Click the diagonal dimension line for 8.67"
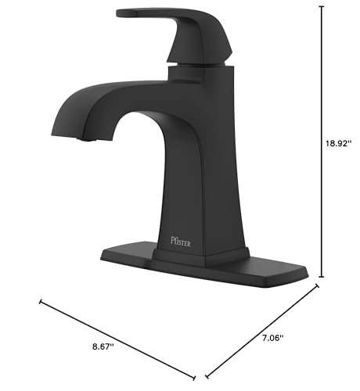click(x=117, y=337)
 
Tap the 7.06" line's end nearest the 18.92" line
click(x=319, y=285)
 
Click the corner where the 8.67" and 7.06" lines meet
click(x=206, y=374)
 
